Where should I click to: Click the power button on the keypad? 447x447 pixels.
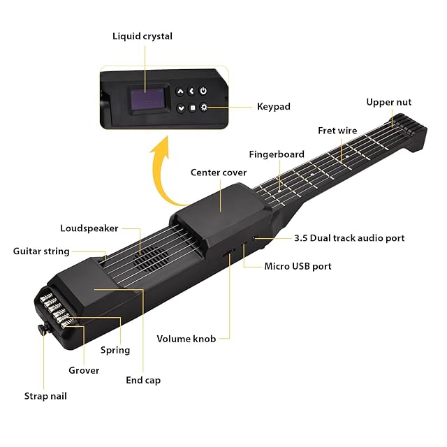click(x=203, y=91)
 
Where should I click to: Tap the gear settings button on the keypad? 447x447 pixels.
click(x=203, y=108)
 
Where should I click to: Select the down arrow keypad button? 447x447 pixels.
click(x=181, y=108)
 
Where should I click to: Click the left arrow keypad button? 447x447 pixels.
click(x=191, y=91)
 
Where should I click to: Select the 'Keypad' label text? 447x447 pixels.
click(x=274, y=107)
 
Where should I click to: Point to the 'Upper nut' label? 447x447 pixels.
click(x=389, y=102)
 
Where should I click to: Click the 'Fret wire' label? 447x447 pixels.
click(x=337, y=130)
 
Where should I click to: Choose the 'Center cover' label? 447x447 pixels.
click(x=217, y=173)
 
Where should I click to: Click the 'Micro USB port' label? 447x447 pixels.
click(x=298, y=266)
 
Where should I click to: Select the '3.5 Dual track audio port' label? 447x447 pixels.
click(x=349, y=238)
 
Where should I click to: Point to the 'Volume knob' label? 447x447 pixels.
click(x=182, y=339)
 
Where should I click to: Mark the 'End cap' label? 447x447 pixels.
click(x=143, y=380)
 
